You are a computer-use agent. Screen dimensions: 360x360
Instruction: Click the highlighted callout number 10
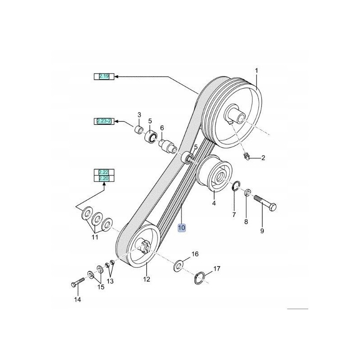point(181,228)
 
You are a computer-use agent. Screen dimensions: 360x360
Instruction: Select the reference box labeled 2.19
point(104,76)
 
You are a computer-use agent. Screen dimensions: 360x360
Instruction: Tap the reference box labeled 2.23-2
point(104,121)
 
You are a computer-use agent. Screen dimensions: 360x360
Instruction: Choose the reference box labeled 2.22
point(104,172)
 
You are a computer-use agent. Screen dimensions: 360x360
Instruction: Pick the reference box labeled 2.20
point(104,178)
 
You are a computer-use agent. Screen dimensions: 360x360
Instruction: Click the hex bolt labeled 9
point(265,202)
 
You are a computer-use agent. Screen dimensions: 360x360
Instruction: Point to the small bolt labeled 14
point(78,282)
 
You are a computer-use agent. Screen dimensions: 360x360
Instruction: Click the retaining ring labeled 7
point(236,186)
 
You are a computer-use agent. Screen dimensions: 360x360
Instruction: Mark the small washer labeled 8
point(247,193)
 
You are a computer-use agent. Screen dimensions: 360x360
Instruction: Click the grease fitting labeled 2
point(246,157)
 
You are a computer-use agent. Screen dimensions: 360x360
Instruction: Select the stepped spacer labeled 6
point(166,145)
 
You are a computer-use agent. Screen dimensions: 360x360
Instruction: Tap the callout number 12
point(147,279)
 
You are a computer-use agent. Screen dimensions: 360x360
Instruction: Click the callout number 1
point(256,71)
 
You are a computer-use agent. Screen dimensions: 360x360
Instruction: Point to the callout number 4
point(214,203)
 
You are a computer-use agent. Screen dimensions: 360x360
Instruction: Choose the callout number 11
point(95,237)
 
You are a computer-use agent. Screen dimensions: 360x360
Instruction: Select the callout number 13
point(110,281)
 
